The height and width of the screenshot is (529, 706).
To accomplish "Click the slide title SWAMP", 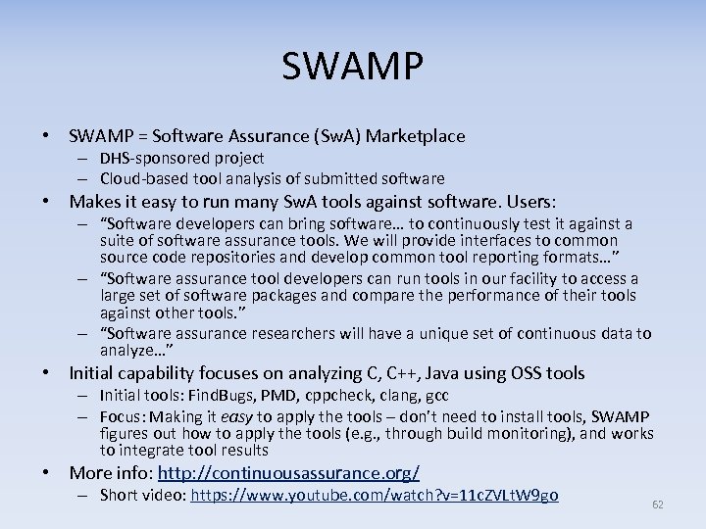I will point(353,66).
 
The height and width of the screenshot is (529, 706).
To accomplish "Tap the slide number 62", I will point(658,504).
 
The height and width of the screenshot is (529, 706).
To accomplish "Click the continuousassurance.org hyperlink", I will point(288,473).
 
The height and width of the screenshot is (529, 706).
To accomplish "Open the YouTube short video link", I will point(375,496).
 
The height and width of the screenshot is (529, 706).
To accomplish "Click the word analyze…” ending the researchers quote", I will point(136,350).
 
